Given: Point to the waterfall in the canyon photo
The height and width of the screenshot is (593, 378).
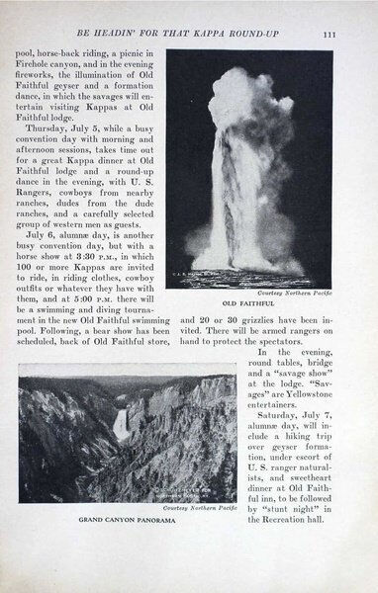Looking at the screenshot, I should coord(121,425).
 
